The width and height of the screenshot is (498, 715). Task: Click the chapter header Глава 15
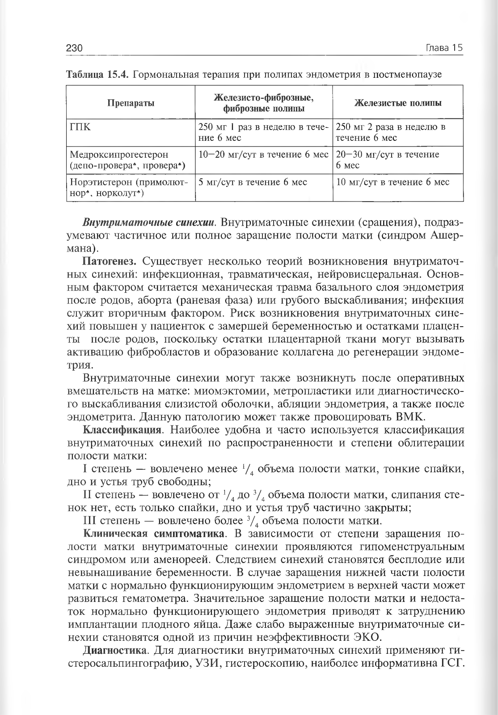pyautogui.click(x=443, y=48)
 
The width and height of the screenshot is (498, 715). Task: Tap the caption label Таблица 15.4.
pyautogui.click(x=98, y=74)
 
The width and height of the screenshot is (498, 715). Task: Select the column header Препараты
pyautogui.click(x=131, y=103)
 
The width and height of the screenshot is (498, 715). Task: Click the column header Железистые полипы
pyautogui.click(x=397, y=103)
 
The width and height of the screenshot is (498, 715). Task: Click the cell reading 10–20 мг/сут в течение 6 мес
pyautogui.click(x=263, y=155)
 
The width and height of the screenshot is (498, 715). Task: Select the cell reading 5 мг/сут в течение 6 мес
pyautogui.click(x=253, y=182)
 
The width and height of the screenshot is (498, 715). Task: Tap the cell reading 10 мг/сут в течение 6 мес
pyautogui.click(x=392, y=182)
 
